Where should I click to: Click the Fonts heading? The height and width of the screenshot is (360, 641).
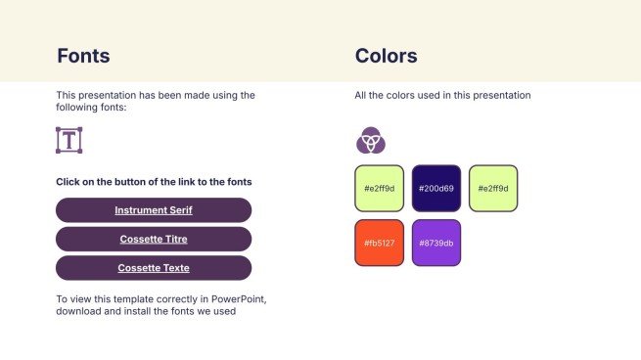point(83,56)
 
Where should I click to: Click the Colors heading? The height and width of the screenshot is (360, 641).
point(386,56)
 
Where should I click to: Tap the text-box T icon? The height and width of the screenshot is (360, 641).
point(69,140)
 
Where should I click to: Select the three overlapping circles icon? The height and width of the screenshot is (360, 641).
point(370,141)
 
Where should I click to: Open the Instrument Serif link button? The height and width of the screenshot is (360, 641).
point(154,210)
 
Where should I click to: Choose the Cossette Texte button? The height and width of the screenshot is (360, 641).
point(154,268)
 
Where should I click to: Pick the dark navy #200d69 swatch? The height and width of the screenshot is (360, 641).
point(435,188)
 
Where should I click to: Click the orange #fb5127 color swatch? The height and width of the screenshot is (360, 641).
point(379,243)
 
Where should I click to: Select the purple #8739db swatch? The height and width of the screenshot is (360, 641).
point(435,243)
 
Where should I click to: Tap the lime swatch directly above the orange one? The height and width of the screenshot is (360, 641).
point(379,188)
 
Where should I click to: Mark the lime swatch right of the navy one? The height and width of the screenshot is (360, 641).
point(493,188)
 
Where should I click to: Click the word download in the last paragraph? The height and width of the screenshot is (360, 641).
point(77,312)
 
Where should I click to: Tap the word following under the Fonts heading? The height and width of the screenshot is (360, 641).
point(78,108)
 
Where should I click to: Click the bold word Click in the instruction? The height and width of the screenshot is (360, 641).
point(68,182)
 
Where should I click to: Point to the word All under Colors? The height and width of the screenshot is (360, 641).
point(361,96)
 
